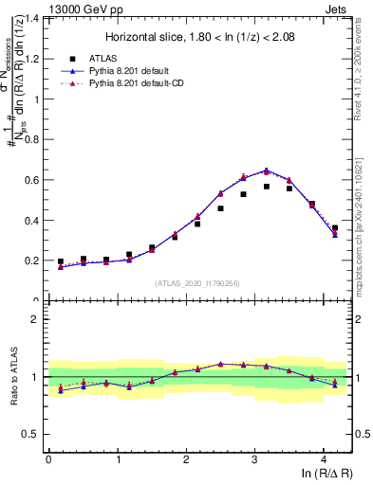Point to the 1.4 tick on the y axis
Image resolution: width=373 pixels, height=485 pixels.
pyautogui.click(x=35, y=18)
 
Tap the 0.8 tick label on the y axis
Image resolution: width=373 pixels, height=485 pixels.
pyautogui.click(x=35, y=139)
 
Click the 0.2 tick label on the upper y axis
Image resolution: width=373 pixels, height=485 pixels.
pyautogui.click(x=35, y=260)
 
